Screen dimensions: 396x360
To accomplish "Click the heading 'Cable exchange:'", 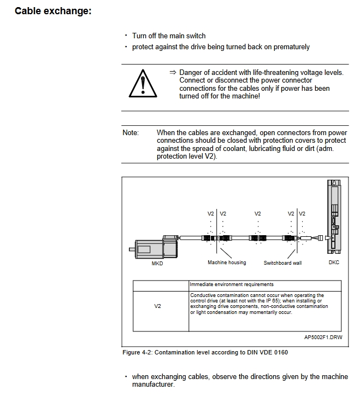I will (x=52, y=11).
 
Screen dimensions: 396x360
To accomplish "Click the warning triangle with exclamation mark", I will (x=143, y=84).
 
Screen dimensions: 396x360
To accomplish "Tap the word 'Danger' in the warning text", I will (x=191, y=72).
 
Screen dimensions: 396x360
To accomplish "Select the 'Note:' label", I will (x=131, y=133).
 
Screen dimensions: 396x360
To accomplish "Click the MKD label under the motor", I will (x=157, y=263).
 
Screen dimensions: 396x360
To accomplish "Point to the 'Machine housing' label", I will (x=227, y=263).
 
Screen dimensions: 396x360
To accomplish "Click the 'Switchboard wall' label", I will (x=282, y=263).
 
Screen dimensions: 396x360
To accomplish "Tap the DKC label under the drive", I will (x=334, y=263).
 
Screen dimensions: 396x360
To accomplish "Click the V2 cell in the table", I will (x=157, y=306).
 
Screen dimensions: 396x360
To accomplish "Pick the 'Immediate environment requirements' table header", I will (x=232, y=284).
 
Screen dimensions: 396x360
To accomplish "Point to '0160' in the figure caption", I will (x=280, y=353).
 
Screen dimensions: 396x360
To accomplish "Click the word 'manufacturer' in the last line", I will (x=152, y=385).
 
